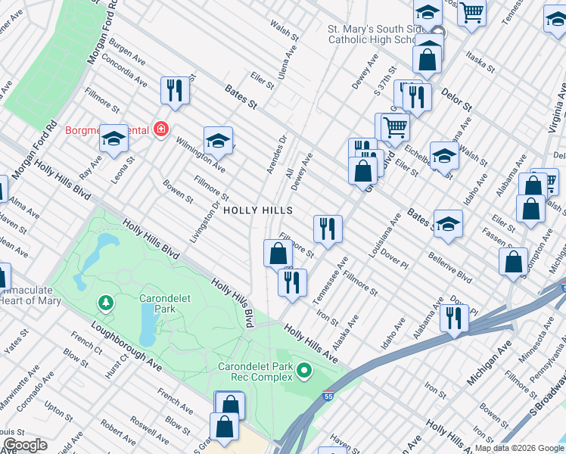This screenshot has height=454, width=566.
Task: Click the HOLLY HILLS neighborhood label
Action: coord(257,210)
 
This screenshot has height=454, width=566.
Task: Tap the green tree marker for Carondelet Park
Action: coord(106,303)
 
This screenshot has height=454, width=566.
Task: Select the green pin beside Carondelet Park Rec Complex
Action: coord(304,370)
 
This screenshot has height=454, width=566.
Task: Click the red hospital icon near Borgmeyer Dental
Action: coord(160,130)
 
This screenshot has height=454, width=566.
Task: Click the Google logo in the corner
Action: coord(25,445)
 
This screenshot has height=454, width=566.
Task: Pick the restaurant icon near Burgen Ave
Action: coord(175,90)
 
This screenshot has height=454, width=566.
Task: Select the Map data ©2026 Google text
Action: coord(519,448)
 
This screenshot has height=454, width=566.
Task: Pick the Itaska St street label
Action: coord(480,61)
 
